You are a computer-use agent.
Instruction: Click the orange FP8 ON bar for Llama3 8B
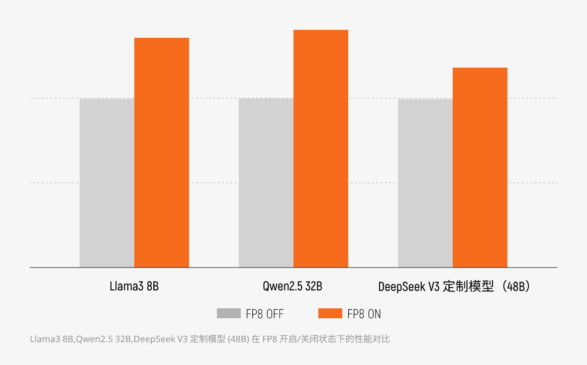pyautogui.click(x=162, y=152)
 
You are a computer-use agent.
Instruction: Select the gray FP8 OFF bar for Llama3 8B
pyautogui.click(x=107, y=183)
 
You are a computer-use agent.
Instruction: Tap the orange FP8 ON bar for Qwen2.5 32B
pyautogui.click(x=321, y=149)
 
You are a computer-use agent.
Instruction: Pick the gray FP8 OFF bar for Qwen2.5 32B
pyautogui.click(x=266, y=183)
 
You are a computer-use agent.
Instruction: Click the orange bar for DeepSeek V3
pyautogui.click(x=480, y=168)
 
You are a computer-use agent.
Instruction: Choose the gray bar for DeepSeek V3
pyautogui.click(x=425, y=183)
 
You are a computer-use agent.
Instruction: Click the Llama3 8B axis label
pyautogui.click(x=134, y=286)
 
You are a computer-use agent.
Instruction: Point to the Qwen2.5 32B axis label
pyautogui.click(x=293, y=286)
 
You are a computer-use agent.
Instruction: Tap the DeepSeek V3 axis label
pyautogui.click(x=455, y=286)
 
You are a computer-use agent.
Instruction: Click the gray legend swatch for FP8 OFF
pyautogui.click(x=229, y=313)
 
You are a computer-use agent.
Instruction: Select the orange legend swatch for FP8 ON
pyautogui.click(x=330, y=313)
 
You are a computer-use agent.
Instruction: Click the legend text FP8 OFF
pyautogui.click(x=265, y=314)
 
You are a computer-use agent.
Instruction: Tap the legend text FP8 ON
pyautogui.click(x=364, y=314)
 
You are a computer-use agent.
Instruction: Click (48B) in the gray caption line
pyautogui.click(x=238, y=339)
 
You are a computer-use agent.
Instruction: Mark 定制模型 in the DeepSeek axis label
pyautogui.click(x=468, y=286)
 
